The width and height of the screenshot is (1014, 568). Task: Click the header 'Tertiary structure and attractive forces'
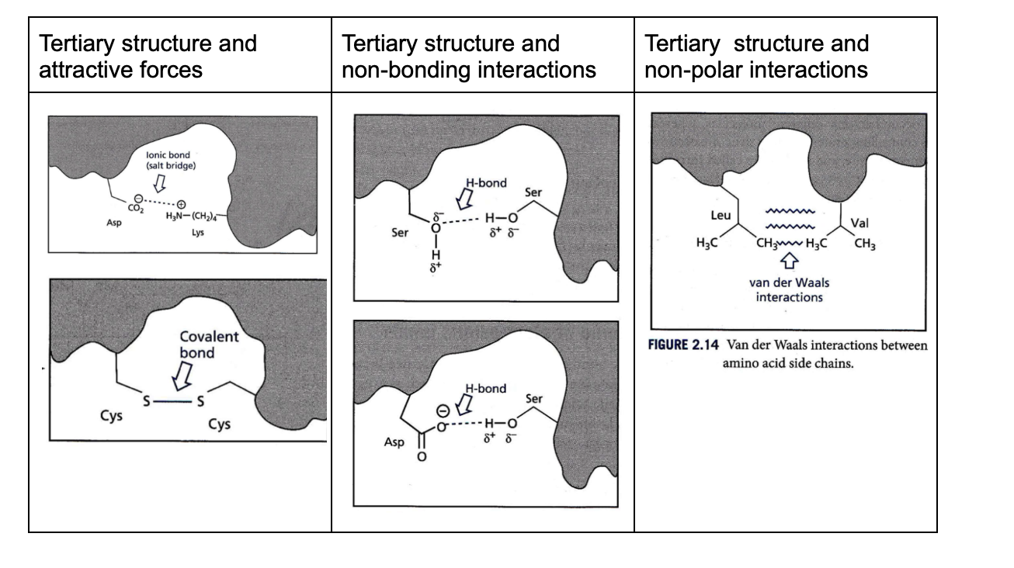148,56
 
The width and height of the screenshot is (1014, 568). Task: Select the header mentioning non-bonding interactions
469,56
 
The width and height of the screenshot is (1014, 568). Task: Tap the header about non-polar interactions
757,56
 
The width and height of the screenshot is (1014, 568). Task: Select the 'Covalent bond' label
208,345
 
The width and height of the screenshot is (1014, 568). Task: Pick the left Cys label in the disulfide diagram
111,415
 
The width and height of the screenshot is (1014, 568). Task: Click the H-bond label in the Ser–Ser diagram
486,184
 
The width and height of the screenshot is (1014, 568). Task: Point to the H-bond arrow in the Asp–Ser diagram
464,404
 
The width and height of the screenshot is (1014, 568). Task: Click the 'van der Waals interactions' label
788,289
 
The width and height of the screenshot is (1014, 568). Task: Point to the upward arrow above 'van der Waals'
787,265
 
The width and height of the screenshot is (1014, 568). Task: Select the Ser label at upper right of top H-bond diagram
533,192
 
